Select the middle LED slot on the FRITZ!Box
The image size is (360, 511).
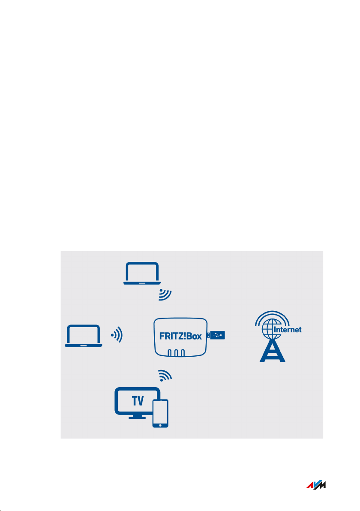tap(176, 353)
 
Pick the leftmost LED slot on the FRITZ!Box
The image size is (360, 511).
tap(169, 353)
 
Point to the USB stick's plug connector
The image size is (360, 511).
tap(208, 335)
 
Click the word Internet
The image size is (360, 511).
tap(287, 330)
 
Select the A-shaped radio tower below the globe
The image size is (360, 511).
tap(272, 352)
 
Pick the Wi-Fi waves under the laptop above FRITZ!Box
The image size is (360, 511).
tap(165, 295)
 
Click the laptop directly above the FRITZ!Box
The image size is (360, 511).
tap(142, 274)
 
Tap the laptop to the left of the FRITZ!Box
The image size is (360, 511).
tap(84, 336)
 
